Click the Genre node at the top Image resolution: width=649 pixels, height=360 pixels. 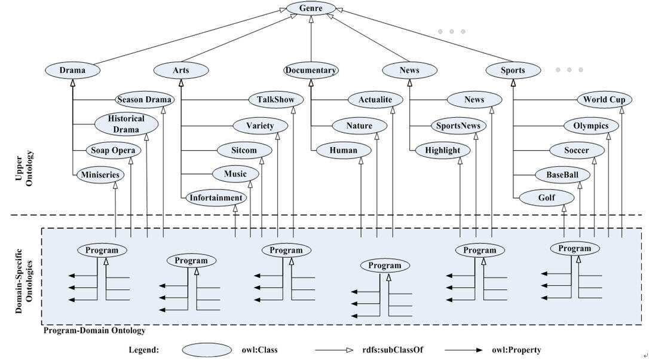tap(311, 8)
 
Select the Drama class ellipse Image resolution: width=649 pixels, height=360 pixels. tap(72, 70)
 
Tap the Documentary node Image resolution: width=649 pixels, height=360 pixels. tap(311, 70)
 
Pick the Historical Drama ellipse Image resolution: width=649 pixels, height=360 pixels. tap(126, 124)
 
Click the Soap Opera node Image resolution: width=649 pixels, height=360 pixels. tap(113, 150)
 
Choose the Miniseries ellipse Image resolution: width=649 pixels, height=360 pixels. tap(100, 175)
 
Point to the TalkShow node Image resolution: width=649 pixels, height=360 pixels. tap(275, 99)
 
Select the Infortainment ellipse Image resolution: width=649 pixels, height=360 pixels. tap(216, 197)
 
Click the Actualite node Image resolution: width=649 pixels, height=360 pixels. tap(375, 99)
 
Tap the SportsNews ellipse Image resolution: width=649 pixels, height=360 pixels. tap(458, 126)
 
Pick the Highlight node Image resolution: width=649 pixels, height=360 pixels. tap(442, 150)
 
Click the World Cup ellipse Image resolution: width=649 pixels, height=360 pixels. tap(604, 99)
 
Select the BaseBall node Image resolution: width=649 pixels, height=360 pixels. tap(562, 175)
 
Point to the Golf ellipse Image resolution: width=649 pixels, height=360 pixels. tap(547, 197)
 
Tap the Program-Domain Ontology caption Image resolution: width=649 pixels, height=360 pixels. tap(95, 331)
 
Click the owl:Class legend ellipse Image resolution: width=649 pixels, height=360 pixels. tap(207, 350)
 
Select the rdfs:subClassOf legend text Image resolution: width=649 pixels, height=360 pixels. tap(393, 350)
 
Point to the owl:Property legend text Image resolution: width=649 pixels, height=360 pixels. tap(516, 350)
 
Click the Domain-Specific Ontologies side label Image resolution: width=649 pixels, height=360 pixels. tap(24, 281)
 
